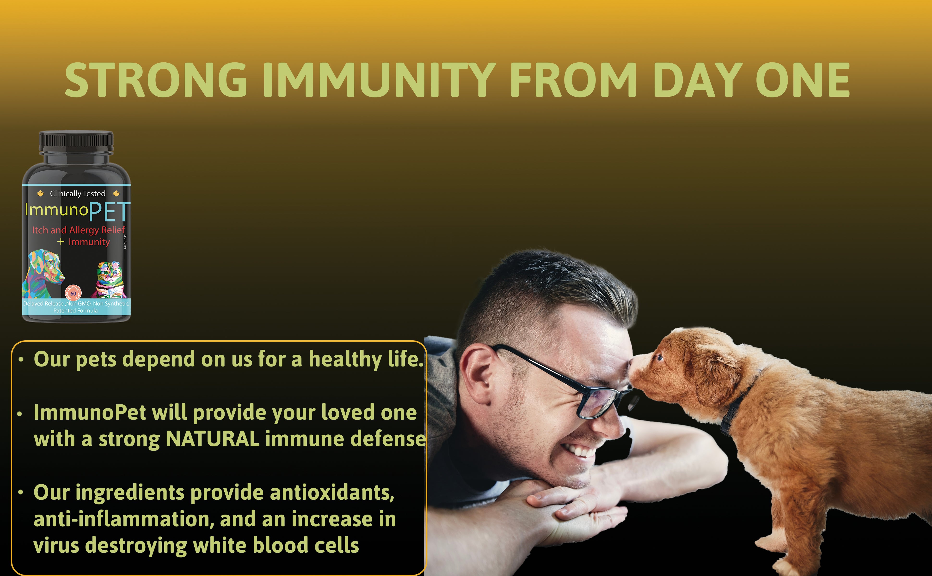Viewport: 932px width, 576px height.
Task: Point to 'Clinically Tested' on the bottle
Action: tap(78, 193)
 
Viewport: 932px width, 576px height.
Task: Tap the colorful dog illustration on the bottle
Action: tap(44, 272)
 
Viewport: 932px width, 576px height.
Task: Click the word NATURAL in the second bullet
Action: tap(213, 439)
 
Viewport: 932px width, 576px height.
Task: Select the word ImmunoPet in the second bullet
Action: tap(90, 413)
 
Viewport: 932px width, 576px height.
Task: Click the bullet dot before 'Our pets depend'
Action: tap(21, 360)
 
